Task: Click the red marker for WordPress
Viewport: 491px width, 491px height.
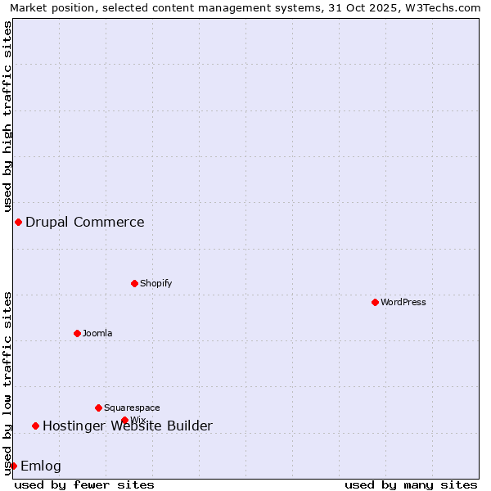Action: click(375, 302)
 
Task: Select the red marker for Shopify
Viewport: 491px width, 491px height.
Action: click(134, 283)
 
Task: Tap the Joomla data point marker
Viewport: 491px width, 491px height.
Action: click(77, 333)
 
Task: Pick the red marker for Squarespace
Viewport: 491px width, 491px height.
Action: click(98, 408)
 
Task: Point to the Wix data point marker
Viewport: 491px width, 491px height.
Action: click(124, 420)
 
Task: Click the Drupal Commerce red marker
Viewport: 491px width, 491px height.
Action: click(18, 222)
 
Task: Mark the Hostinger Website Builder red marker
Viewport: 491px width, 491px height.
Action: click(35, 426)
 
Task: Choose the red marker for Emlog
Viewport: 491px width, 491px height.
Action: click(13, 466)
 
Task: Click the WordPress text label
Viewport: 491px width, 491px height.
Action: click(403, 302)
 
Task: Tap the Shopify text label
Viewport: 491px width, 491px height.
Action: click(156, 283)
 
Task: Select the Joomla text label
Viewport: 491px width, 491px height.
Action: click(97, 333)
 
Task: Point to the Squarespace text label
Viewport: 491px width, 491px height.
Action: click(132, 408)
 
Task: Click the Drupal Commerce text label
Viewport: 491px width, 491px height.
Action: click(85, 222)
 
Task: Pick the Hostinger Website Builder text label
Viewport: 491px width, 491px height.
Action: click(128, 426)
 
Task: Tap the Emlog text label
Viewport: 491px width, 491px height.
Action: click(41, 466)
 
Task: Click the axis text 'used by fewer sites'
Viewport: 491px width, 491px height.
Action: click(84, 484)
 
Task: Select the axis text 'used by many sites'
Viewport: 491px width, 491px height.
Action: click(411, 484)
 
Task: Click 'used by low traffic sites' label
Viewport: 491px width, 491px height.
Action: click(7, 383)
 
